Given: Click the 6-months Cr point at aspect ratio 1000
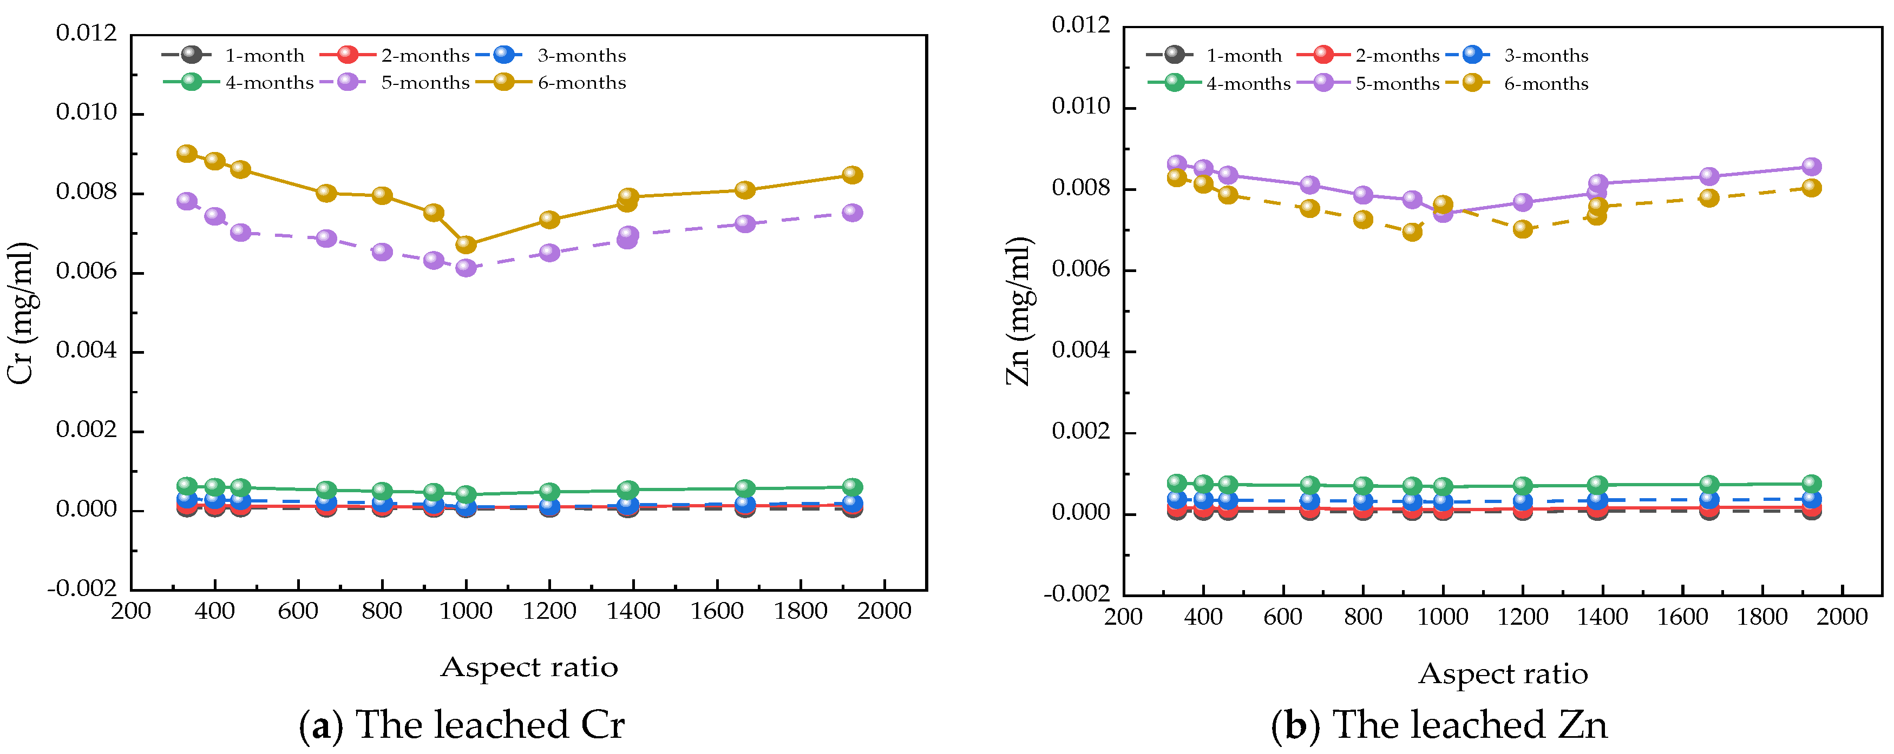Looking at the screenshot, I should pos(466,244).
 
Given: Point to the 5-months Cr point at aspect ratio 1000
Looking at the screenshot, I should pos(466,268).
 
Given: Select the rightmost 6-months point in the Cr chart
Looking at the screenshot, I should pos(852,175).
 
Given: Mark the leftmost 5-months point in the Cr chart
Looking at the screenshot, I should pos(187,201).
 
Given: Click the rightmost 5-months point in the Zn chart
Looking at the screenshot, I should pos(1812,166).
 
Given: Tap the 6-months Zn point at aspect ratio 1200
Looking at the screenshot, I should pos(1523,229).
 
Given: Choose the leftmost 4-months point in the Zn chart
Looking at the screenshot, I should pos(1177,483).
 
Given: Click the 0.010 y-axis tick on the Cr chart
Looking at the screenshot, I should pos(86,113).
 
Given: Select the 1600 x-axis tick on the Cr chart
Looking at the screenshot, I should pos(717,611).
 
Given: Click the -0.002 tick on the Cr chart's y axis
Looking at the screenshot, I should pos(82,588).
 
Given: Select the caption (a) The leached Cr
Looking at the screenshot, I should pos(462,725).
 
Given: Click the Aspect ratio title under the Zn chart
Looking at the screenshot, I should pos(1503,674).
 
